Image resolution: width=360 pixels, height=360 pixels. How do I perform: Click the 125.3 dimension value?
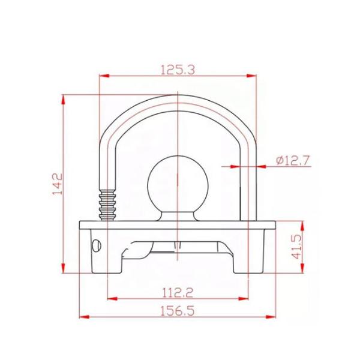tap(178, 69)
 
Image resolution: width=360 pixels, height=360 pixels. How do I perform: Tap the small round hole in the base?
tap(96, 244)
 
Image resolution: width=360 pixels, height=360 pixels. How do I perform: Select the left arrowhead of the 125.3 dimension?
tap(104, 76)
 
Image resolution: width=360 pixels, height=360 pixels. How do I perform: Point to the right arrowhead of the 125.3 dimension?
tap(252, 76)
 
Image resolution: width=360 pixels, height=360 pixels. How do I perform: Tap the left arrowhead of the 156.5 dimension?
tap(85, 317)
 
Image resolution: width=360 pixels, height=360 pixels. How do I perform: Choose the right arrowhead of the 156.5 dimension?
tap(273, 317)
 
